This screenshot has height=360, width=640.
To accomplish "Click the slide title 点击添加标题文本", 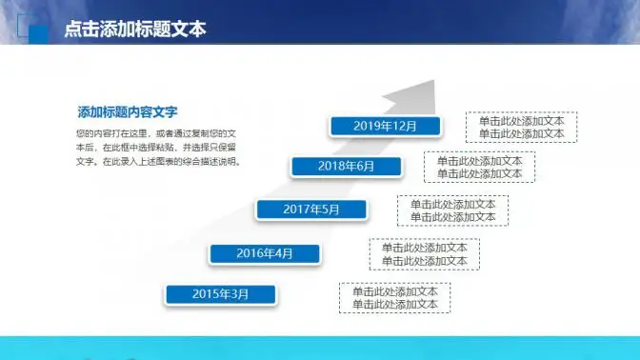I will pos(134,30).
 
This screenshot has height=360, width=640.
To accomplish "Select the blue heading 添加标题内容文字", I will pos(128,111).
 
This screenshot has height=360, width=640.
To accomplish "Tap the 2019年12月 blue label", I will pos(385,126).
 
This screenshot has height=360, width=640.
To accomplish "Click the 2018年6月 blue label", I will pos(346,167).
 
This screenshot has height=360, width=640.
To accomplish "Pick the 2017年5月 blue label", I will pos(310,210).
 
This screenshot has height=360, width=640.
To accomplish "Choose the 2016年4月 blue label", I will pos(265,253).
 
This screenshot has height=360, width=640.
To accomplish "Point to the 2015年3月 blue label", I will pos(220,294).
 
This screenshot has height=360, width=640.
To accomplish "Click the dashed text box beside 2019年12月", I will pos(521,128).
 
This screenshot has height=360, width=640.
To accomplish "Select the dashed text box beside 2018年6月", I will pos(479,168).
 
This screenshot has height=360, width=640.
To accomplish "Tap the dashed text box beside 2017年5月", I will pos(452,210).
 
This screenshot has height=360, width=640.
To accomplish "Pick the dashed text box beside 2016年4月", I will pos(424,254).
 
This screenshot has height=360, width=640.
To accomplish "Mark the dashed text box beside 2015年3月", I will pos(394,298).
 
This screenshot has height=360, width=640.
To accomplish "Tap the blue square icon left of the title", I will pos(39,33).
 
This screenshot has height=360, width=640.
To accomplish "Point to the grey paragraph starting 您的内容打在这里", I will pos(160,148).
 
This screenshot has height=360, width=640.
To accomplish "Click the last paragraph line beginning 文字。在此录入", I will pos(158,162).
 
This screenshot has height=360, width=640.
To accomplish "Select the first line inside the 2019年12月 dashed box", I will pos(521,121).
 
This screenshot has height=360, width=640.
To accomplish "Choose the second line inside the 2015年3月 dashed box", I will pos(394,305).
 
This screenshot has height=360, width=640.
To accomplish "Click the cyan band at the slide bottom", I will pos(320,348).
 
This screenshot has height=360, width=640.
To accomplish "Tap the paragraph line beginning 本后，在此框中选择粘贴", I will pos(160,148).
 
